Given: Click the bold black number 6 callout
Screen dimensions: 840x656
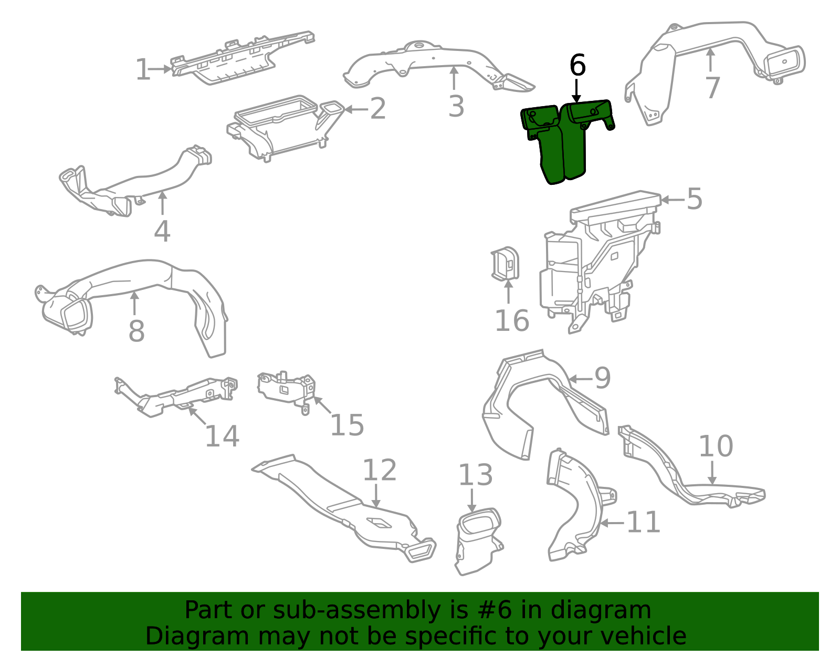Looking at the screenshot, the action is pos(577,65).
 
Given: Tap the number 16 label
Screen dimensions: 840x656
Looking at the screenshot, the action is pos(512,320).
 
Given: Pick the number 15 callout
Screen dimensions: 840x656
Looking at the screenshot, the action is pos(346,425).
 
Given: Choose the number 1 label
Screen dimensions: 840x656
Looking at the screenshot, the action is pos(143,69).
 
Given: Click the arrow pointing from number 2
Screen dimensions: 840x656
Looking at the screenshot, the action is pos(356,109).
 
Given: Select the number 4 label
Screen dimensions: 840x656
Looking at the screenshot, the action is pos(162,231).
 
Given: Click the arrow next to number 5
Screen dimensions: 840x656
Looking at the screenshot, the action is pos(673,200).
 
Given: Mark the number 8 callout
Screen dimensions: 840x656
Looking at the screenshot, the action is pos(136,331).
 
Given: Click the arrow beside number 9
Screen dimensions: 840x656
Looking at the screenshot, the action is pos(581,379).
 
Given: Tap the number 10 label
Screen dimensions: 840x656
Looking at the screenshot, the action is pos(716,446).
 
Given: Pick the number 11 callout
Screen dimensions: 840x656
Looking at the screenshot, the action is pos(643,522).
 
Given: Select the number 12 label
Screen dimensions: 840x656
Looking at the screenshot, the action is pos(380,470).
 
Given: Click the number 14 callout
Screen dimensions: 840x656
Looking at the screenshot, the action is pos(222,436).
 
